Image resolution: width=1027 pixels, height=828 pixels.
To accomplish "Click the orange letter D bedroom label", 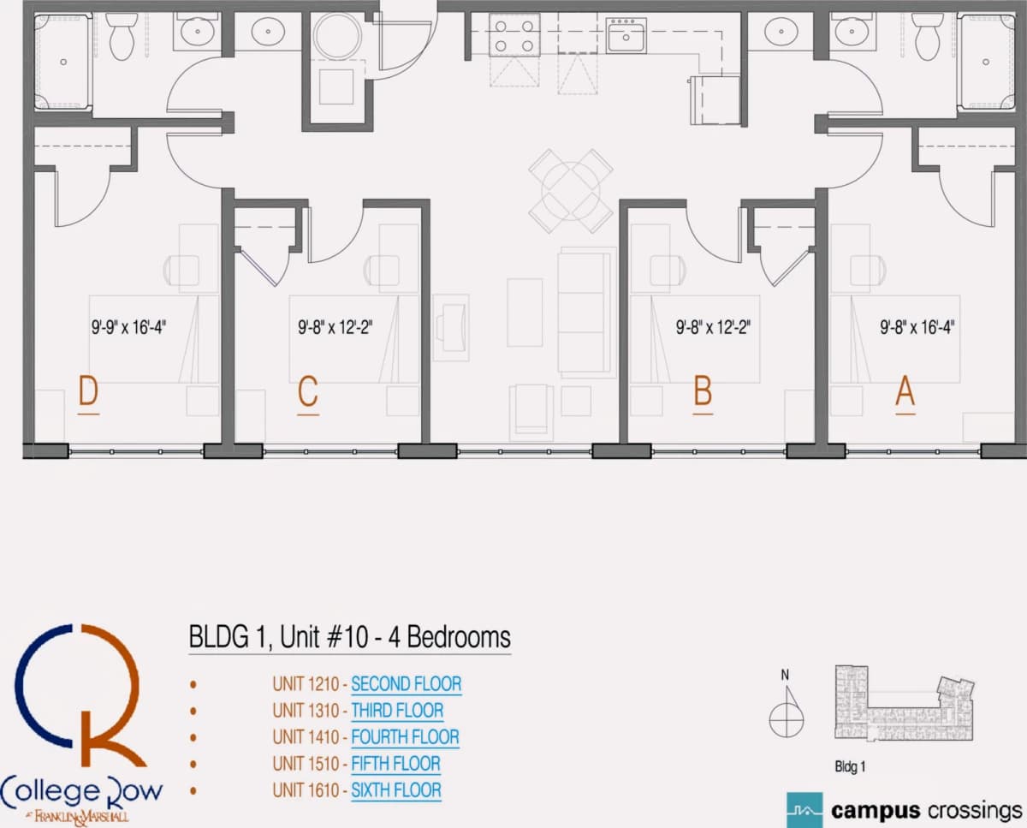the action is pos(88,391).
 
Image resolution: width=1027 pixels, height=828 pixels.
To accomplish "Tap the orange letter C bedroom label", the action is pos(308,391).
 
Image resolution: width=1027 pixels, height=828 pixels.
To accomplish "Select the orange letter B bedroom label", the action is pos(703,391).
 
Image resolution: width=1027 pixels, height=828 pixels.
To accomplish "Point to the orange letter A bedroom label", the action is pos(905,391).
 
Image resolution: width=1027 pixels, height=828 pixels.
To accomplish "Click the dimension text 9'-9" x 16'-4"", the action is pos(128,328).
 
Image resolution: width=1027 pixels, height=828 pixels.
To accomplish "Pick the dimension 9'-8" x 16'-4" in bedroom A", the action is pos(917,328).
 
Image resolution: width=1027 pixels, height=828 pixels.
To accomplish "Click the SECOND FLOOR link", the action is pos(407,684).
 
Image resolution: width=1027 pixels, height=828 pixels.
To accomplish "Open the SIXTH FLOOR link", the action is pos(396,790).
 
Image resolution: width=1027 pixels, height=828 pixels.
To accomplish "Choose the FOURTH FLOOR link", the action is pos(405,737).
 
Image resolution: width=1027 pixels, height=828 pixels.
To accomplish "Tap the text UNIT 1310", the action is pos(306,711).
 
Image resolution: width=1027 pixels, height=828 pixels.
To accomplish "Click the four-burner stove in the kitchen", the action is pos(514,35).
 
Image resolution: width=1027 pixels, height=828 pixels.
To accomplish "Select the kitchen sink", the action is pos(626,35).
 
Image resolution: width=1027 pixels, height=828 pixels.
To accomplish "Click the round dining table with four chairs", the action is pos(571,191).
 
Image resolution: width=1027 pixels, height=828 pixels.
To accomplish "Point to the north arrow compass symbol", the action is pos(787,712).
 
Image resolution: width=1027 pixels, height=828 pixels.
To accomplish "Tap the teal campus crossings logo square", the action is pos(804,810).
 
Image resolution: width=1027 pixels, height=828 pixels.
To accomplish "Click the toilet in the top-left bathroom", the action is pos(122,36).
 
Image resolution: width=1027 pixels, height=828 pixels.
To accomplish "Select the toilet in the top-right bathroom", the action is pos(927,36).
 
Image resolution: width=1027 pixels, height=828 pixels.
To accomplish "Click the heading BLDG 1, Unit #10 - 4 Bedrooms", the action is pos(350,637).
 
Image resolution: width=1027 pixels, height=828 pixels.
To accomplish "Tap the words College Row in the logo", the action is pos(81,791).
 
